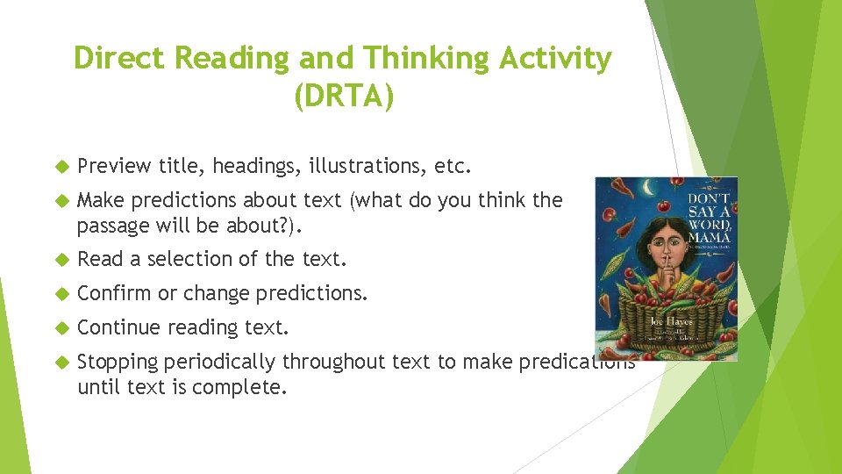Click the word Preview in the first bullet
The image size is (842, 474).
114,166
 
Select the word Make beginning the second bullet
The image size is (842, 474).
100,200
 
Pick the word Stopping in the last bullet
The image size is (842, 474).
117,362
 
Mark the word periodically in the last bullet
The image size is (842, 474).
219,362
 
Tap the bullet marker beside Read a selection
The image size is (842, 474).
61,260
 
